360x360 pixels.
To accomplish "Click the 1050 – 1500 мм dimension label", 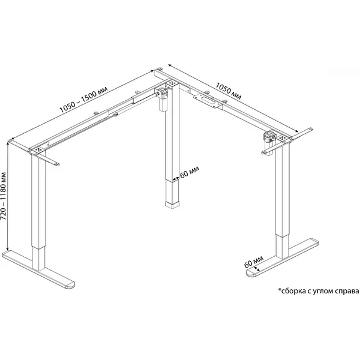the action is pyautogui.click(x=83, y=100).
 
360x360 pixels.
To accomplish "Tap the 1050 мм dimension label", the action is pyautogui.click(x=229, y=91).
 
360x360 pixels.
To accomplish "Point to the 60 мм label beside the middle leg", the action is pyautogui.click(x=190, y=172).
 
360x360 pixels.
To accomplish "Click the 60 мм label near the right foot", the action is pyautogui.click(x=253, y=262).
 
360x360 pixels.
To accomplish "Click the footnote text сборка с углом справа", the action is pyautogui.click(x=320, y=291).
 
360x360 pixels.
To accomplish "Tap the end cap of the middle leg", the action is pyautogui.click(x=172, y=205).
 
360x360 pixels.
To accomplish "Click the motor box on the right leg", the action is pyautogui.click(x=269, y=142).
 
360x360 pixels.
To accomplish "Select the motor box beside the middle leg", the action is pyautogui.click(x=163, y=99).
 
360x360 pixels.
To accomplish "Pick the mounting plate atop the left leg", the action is pyautogui.click(x=38, y=149).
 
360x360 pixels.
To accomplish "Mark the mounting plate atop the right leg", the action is pyautogui.click(x=283, y=138).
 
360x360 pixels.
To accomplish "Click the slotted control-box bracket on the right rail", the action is pyautogui.click(x=208, y=101).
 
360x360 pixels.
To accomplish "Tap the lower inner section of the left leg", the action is pyautogui.click(x=38, y=258).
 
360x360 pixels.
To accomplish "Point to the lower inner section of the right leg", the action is pyautogui.click(x=282, y=247).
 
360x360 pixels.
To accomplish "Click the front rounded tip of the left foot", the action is pyautogui.click(x=70, y=286).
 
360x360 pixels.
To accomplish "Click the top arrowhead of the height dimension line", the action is pyautogui.click(x=8, y=143).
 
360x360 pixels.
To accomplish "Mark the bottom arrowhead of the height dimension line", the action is pyautogui.click(x=8, y=249).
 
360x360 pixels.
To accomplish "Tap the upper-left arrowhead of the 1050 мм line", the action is pyautogui.click(x=169, y=65).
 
